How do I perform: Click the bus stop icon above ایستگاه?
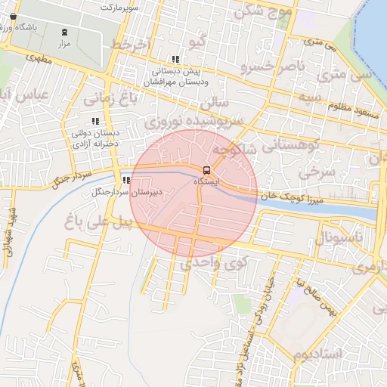click(206, 170)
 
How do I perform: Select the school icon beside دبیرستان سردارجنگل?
click(125, 181)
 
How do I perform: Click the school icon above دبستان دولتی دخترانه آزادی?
click(95, 121)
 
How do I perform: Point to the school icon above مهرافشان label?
click(175, 59)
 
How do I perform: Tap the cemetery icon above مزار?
click(64, 32)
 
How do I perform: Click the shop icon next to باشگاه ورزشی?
click(13, 16)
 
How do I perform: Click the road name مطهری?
click(42, 57)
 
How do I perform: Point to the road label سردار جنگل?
click(71, 179)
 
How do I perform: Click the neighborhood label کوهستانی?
click(290, 144)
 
